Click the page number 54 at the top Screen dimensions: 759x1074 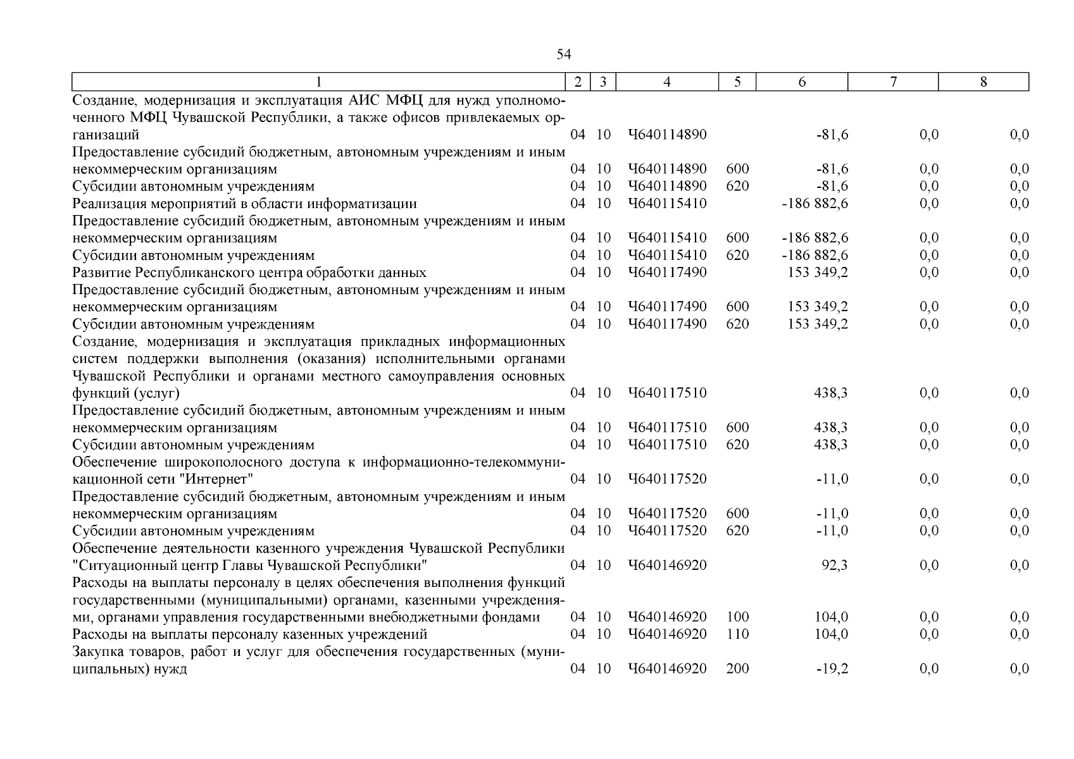pos(563,55)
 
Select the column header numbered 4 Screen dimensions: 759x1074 pos(667,82)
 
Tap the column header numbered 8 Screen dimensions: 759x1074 pos(983,82)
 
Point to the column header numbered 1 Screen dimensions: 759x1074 pos(318,82)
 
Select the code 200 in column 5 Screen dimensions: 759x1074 pos(737,669)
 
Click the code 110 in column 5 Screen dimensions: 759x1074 pos(737,634)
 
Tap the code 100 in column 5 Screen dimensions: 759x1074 pos(737,617)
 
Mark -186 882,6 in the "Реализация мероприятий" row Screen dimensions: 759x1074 pos(815,204)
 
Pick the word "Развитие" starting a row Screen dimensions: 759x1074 pos(101,273)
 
